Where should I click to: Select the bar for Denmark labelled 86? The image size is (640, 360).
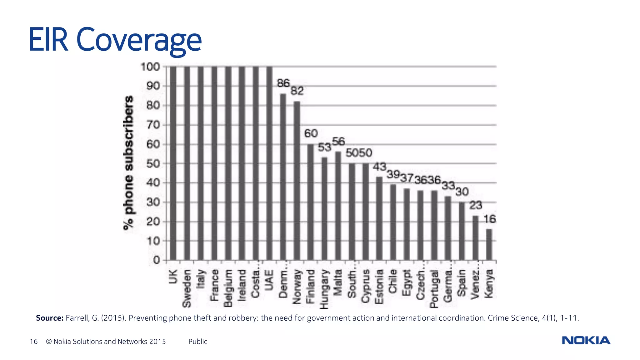tap(283, 177)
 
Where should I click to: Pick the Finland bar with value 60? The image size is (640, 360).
tap(310, 202)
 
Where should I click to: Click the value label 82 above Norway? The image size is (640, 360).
tap(297, 91)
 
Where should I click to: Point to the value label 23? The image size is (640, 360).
tap(476, 205)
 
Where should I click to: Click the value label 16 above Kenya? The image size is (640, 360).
tap(490, 219)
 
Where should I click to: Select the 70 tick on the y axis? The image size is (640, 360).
tap(153, 125)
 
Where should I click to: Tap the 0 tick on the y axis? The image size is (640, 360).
tap(157, 260)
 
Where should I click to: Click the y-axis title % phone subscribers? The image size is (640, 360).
tap(128, 162)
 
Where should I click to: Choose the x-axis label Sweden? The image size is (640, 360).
tap(187, 288)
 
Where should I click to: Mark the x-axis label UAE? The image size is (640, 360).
tap(269, 280)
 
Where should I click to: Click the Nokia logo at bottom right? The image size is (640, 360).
tap(586, 340)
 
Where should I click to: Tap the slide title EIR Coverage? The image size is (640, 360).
tap(115, 40)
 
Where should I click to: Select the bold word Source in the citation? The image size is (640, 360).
tap(49, 318)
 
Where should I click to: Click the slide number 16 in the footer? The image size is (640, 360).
tap(33, 342)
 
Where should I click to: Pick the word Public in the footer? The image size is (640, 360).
tap(197, 342)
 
